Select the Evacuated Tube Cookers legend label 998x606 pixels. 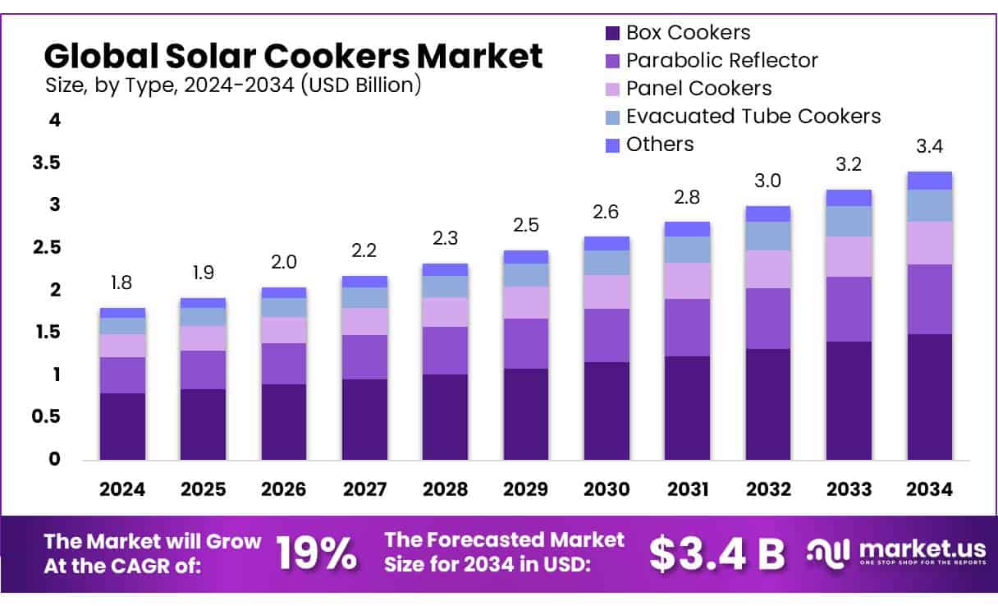pyautogui.click(x=753, y=117)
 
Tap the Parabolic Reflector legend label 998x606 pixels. pyautogui.click(x=721, y=61)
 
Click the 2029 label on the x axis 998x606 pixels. pyautogui.click(x=526, y=489)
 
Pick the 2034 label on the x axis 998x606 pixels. pyautogui.click(x=930, y=489)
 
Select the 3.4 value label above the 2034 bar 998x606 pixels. pyautogui.click(x=930, y=147)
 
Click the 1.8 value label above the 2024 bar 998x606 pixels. pyautogui.click(x=122, y=283)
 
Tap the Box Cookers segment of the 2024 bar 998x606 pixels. pyautogui.click(x=122, y=426)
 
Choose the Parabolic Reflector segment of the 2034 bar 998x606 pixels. pyautogui.click(x=930, y=299)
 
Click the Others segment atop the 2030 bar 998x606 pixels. pyautogui.click(x=607, y=243)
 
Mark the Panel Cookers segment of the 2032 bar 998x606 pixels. pyautogui.click(x=768, y=269)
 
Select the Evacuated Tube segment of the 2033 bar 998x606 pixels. pyautogui.click(x=849, y=221)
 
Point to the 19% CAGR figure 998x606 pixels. pyautogui.click(x=317, y=554)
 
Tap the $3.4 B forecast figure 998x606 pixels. pyautogui.click(x=717, y=554)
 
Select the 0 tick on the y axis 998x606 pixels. pyautogui.click(x=54, y=459)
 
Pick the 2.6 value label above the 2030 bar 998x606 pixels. pyautogui.click(x=607, y=213)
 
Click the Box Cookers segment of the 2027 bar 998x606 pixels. pyautogui.click(x=364, y=419)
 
